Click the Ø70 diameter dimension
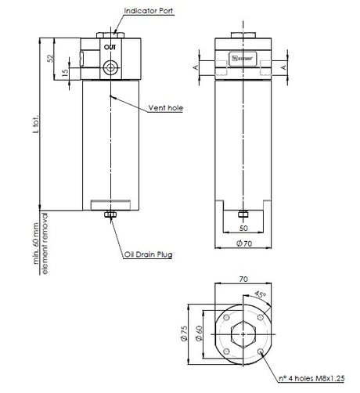[244, 244]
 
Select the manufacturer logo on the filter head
[243, 56]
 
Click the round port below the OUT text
[110, 64]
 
